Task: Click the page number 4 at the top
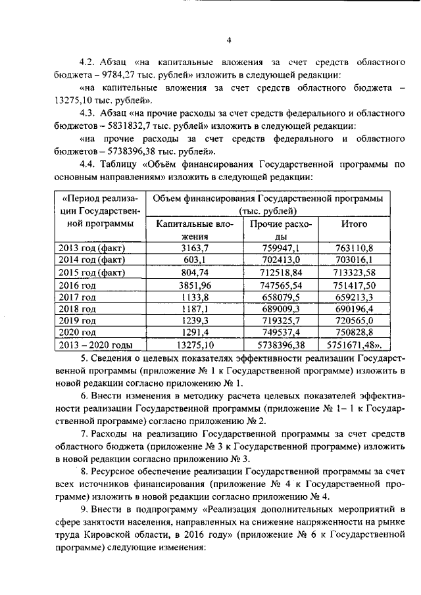(x=229, y=40)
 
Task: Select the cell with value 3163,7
(x=194, y=248)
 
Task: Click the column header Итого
(x=354, y=224)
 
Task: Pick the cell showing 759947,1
(x=281, y=248)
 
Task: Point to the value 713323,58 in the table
(x=354, y=272)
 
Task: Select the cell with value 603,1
(x=194, y=260)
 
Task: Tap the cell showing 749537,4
(x=281, y=332)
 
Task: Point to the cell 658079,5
(x=281, y=296)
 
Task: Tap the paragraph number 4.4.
(x=89, y=164)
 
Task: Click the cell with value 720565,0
(x=354, y=320)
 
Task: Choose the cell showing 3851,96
(x=194, y=284)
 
